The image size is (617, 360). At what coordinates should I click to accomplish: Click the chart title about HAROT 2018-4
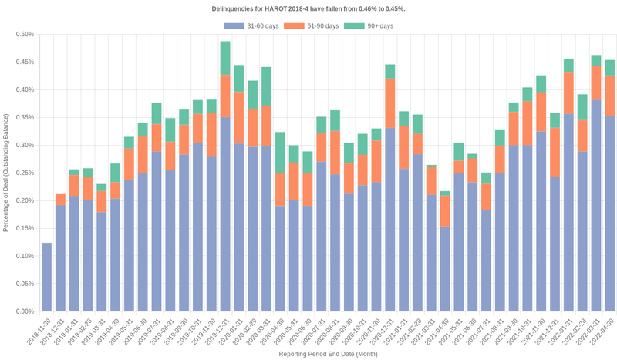(308, 8)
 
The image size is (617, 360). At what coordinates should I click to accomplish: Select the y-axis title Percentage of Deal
(7, 173)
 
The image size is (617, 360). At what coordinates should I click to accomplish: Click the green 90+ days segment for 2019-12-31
(225, 58)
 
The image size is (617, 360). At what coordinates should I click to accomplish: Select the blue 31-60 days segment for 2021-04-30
(445, 269)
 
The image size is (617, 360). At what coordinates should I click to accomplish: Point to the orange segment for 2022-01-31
(568, 93)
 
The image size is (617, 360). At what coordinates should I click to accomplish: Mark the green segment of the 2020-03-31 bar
(266, 86)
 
